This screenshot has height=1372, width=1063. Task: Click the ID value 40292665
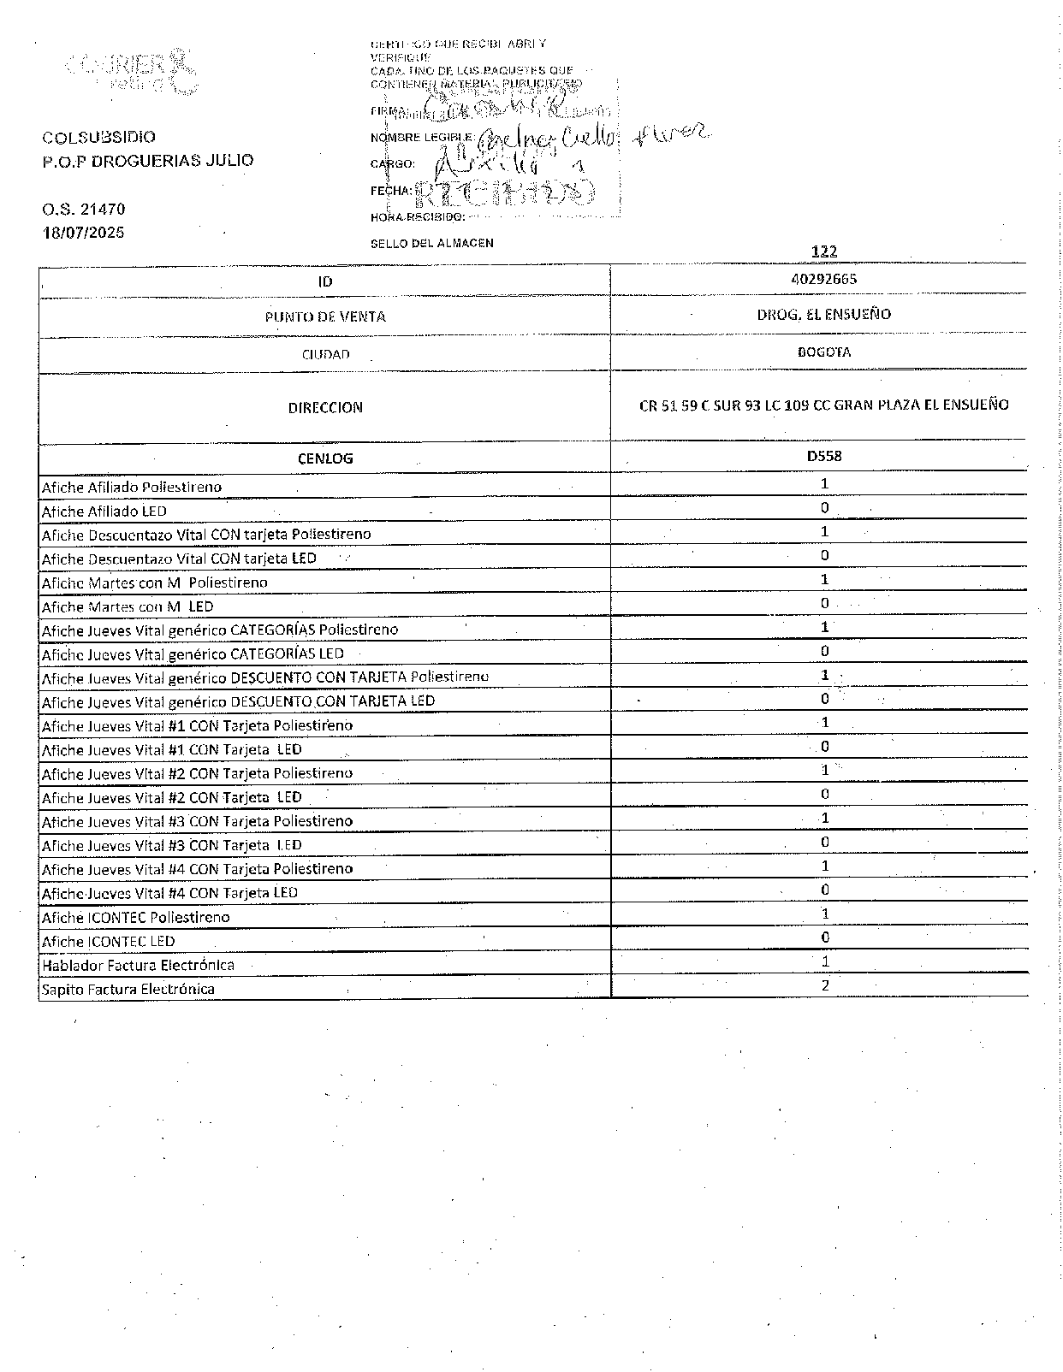(824, 279)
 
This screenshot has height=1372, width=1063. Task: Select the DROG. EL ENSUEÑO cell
(823, 314)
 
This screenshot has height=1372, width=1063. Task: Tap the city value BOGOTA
(823, 352)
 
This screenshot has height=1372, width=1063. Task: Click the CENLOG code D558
(824, 456)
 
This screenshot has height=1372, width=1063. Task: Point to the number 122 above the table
(824, 251)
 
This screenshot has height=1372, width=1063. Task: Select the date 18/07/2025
(84, 232)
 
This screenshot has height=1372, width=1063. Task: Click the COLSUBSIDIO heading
(99, 137)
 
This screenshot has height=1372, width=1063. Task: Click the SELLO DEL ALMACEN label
(431, 243)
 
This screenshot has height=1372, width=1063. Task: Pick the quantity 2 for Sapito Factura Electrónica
(825, 985)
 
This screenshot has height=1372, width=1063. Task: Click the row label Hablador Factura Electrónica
(138, 965)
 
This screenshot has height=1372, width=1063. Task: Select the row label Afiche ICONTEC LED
(109, 941)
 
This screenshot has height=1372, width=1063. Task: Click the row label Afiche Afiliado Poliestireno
(132, 487)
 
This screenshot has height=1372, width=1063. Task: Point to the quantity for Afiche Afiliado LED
(825, 507)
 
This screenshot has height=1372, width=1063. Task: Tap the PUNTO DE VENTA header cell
(325, 316)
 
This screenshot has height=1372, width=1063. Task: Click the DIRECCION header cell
(325, 408)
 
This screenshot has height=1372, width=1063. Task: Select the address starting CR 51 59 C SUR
(823, 405)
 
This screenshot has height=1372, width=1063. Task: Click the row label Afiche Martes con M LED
(128, 606)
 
